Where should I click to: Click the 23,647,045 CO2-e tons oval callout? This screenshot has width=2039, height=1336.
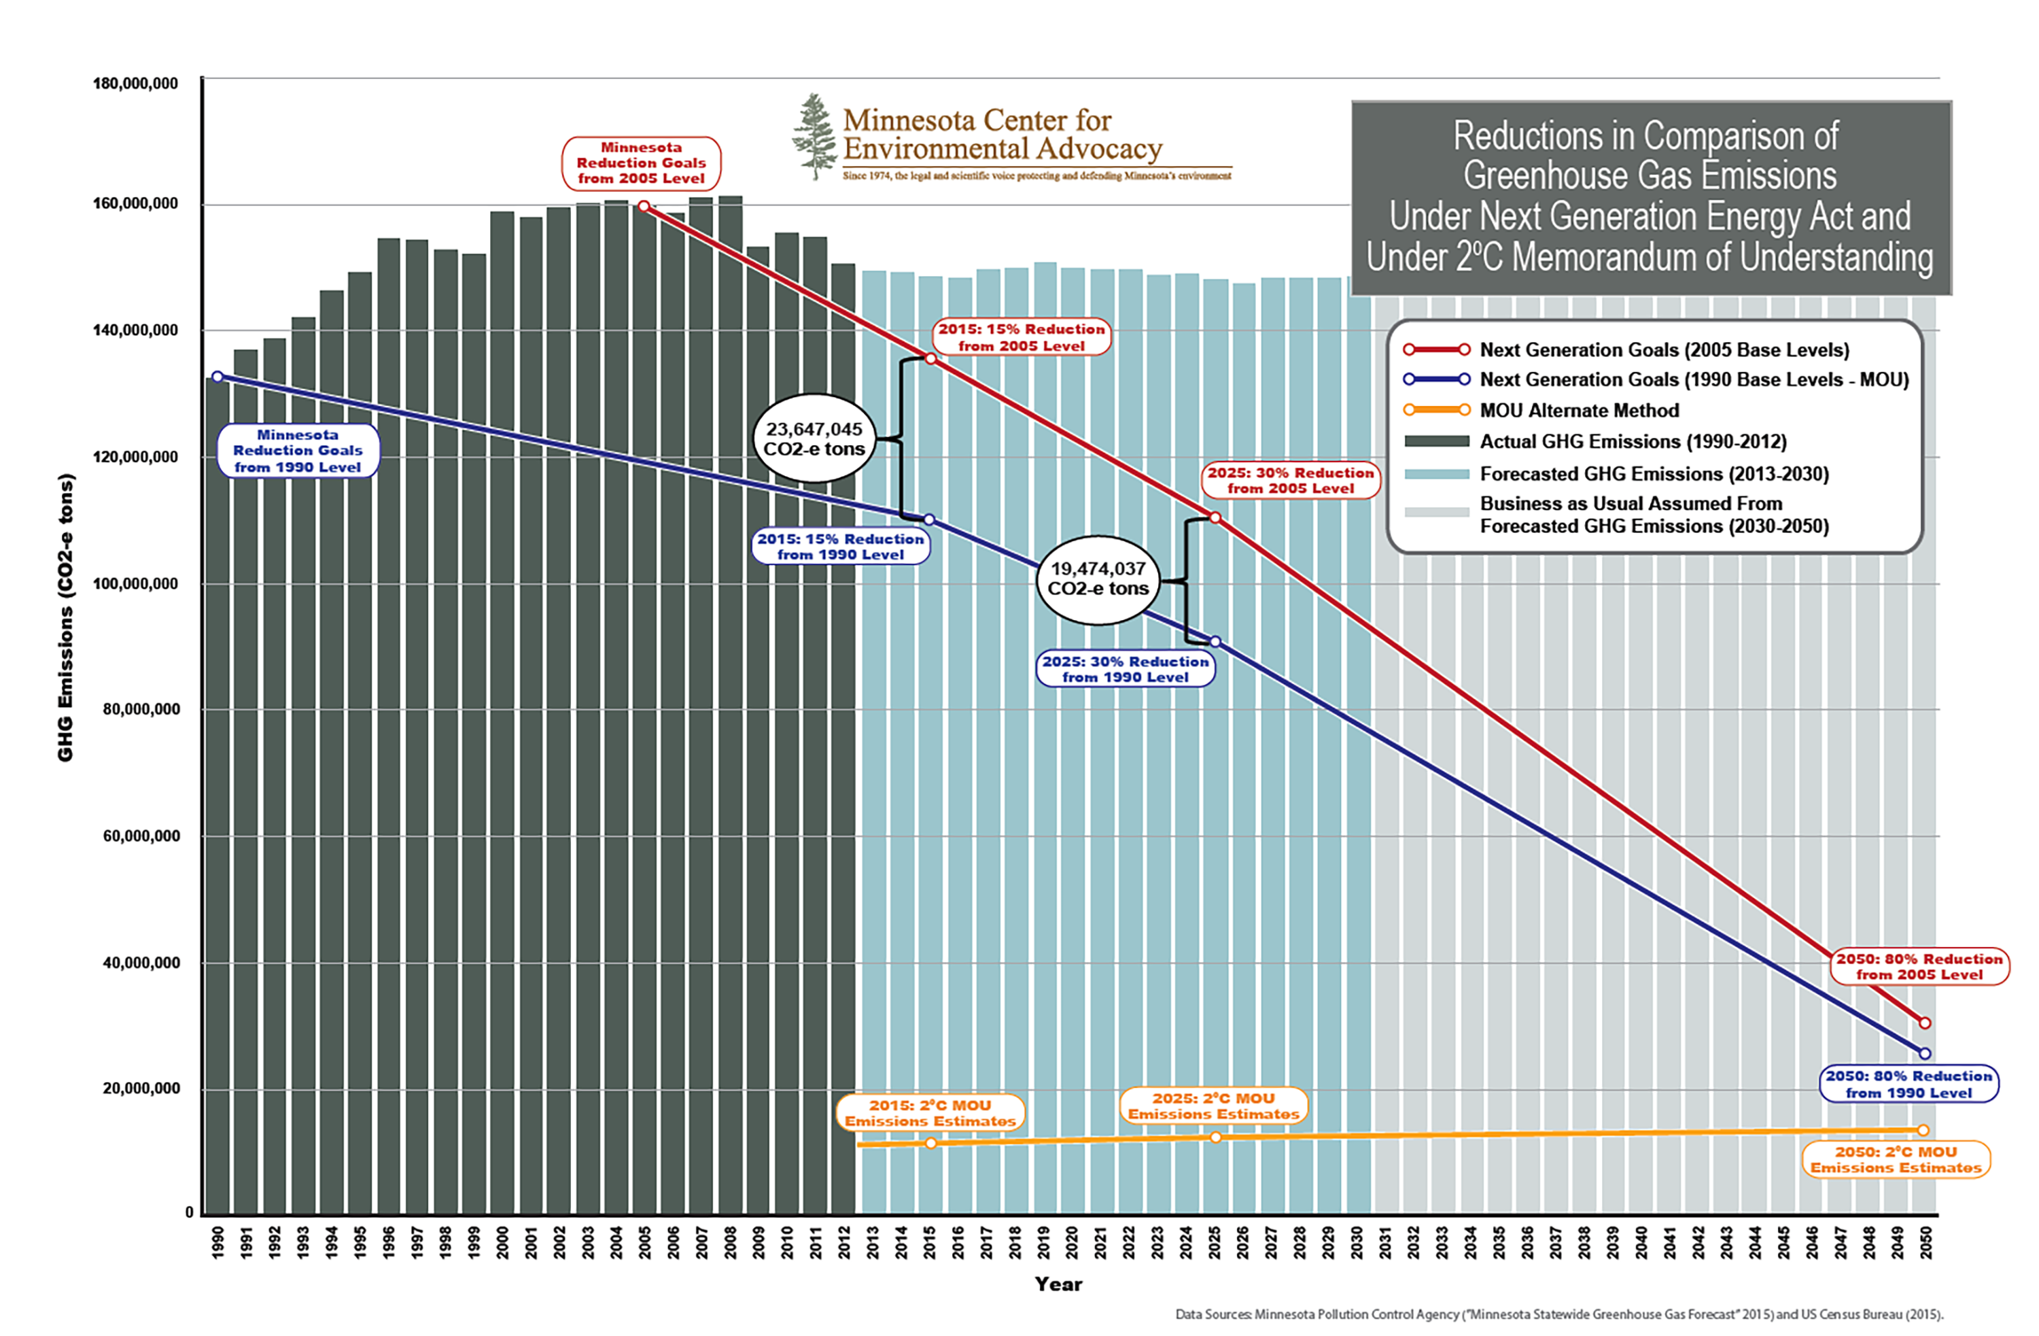[814, 439]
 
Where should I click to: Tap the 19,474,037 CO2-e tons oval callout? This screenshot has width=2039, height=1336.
[1098, 579]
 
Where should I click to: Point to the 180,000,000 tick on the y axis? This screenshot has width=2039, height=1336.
[135, 83]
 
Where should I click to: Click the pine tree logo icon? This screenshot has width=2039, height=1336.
[814, 137]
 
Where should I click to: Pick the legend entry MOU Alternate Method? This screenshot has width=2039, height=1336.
[1579, 411]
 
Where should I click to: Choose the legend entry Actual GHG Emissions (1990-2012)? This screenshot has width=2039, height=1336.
[1633, 441]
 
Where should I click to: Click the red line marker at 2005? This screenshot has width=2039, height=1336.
[644, 207]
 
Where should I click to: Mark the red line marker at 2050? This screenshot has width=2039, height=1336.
[1925, 1023]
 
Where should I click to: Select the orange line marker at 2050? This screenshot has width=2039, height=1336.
[1923, 1130]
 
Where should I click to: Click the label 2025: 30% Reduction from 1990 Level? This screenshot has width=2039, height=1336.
[1125, 669]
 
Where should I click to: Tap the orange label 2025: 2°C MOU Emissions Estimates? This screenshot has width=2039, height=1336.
[1213, 1106]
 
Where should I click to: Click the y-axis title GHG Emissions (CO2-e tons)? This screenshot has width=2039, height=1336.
[66, 617]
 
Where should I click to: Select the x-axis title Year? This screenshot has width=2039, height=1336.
[1058, 1284]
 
